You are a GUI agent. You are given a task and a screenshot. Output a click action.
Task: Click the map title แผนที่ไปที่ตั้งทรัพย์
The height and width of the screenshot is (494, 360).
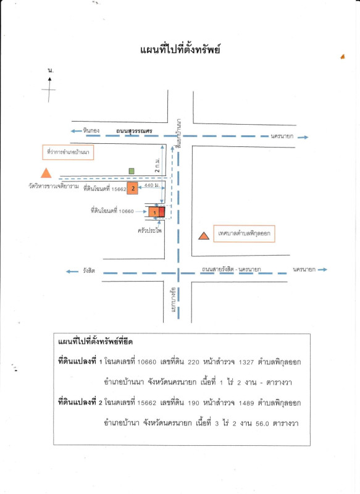(x=180, y=50)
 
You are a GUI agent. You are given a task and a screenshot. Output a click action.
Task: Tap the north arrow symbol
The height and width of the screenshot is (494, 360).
(x=49, y=90)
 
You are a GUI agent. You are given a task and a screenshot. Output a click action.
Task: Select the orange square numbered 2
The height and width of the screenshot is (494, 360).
(x=133, y=188)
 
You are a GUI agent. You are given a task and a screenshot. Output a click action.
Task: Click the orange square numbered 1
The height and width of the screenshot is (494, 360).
(x=154, y=212)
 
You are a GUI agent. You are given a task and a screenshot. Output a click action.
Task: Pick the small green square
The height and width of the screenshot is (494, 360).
(x=132, y=171)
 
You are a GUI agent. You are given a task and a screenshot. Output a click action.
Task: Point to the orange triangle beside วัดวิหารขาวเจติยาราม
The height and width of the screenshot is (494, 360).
(x=46, y=173)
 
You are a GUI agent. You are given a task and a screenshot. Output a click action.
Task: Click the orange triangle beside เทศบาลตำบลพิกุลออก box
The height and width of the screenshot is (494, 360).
(x=204, y=236)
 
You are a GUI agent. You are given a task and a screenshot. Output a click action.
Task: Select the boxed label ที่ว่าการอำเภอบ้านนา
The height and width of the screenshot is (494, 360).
(x=68, y=152)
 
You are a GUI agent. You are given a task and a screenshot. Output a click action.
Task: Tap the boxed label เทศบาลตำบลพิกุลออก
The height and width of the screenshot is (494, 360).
(x=244, y=233)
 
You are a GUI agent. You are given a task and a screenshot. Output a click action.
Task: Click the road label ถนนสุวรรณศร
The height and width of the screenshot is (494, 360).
(x=134, y=131)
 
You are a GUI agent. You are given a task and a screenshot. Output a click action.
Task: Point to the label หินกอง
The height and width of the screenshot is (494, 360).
(x=91, y=130)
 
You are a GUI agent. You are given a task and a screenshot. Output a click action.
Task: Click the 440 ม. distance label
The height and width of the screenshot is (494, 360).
(x=152, y=185)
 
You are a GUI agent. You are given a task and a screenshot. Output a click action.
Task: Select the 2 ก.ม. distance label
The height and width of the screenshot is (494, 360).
(x=157, y=165)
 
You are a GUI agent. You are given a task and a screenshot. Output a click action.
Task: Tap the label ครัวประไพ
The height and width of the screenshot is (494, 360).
(x=150, y=230)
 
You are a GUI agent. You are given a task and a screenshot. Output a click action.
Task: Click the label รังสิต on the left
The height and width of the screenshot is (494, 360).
(x=89, y=270)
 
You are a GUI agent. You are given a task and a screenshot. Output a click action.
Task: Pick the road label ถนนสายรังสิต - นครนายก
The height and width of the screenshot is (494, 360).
(x=232, y=269)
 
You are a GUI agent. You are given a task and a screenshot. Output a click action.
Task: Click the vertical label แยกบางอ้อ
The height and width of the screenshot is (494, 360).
(x=173, y=299)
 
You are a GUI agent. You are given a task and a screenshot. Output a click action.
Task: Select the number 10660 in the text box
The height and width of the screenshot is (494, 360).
(x=147, y=362)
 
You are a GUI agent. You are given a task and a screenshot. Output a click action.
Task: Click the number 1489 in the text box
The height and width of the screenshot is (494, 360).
(x=246, y=403)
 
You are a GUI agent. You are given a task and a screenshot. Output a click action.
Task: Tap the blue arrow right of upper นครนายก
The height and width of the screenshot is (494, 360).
(x=303, y=137)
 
